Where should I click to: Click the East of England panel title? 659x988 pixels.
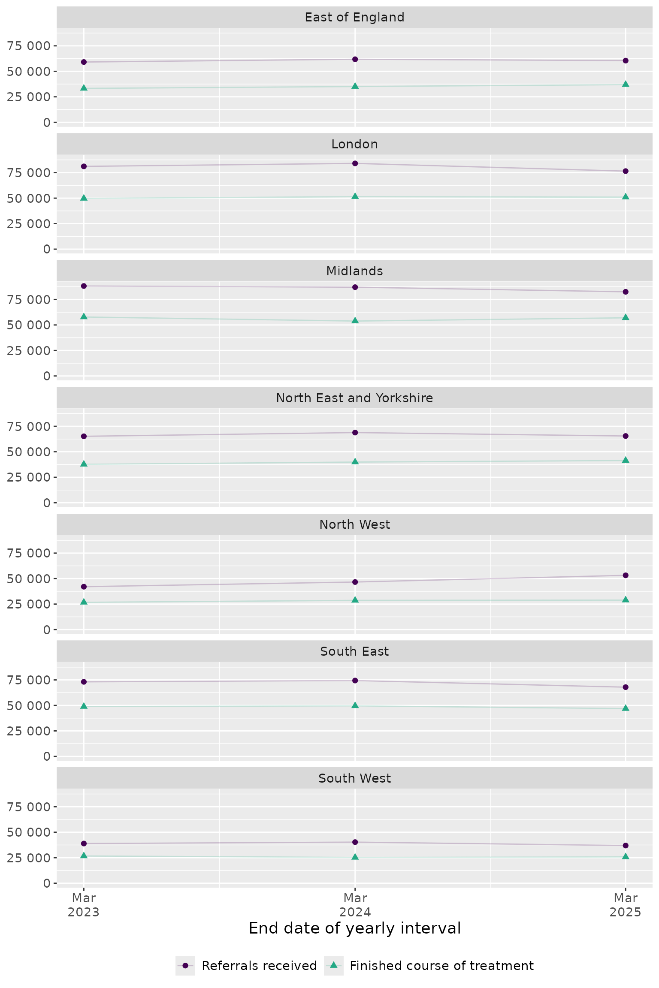click(x=354, y=17)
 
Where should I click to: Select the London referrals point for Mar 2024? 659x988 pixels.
click(x=355, y=163)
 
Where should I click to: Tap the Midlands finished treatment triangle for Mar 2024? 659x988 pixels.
click(x=355, y=320)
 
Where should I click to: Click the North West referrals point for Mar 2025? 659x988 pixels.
click(x=626, y=575)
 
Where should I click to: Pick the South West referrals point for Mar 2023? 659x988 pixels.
click(x=84, y=843)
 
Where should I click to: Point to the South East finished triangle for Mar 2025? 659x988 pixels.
click(x=626, y=708)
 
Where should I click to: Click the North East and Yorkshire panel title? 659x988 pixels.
click(x=354, y=398)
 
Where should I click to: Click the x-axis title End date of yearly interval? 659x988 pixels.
click(x=354, y=928)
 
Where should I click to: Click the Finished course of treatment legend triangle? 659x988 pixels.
click(x=334, y=965)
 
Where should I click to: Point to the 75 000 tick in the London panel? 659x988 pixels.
click(x=28, y=173)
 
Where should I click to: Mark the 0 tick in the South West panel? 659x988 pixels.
click(x=47, y=883)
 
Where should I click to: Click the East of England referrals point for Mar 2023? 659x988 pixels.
click(x=84, y=62)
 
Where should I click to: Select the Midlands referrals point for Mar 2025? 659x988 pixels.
click(x=626, y=292)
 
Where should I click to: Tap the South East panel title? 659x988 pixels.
click(x=354, y=651)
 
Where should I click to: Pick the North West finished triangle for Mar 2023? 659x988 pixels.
click(x=84, y=602)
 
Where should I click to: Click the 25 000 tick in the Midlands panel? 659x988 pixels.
click(x=28, y=351)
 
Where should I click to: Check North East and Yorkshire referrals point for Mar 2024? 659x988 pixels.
click(x=355, y=432)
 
